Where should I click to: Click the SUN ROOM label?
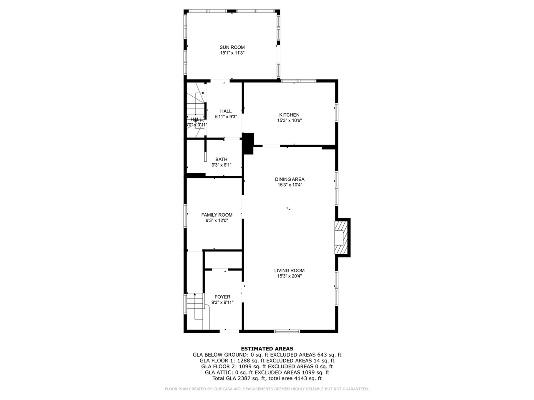(x=232, y=47)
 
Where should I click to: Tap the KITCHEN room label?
(x=289, y=115)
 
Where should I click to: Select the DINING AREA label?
(x=290, y=180)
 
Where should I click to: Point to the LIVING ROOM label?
(x=289, y=270)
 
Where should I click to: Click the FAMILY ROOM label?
(x=217, y=215)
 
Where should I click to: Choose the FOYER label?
(x=222, y=297)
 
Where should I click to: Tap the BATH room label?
(x=221, y=160)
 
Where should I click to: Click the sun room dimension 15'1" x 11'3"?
(x=232, y=53)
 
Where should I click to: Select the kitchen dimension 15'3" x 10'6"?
(x=289, y=121)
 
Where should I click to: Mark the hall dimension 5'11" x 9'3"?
(x=226, y=117)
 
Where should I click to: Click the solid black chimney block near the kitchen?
(x=248, y=143)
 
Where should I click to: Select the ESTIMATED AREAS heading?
(x=267, y=349)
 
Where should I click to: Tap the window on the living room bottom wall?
(x=287, y=331)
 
